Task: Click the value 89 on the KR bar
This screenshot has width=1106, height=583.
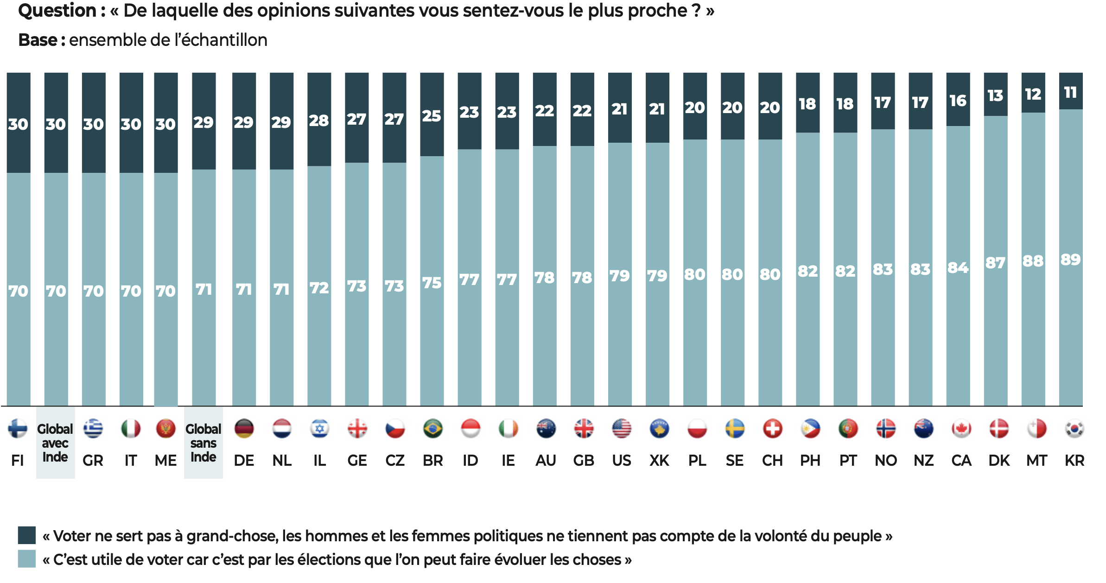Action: (1070, 260)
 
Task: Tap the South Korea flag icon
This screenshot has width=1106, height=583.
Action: (1074, 429)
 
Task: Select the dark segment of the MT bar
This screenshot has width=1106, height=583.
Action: (1033, 93)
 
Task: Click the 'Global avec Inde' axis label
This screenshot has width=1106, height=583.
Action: (55, 443)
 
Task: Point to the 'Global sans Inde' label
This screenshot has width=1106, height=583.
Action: (203, 443)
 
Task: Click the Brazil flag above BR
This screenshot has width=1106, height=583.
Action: (432, 429)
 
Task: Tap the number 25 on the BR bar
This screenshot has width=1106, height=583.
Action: (432, 116)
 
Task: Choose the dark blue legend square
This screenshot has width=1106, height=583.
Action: (27, 535)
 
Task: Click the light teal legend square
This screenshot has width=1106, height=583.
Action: (27, 559)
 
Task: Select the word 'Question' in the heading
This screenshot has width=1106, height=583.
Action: (57, 11)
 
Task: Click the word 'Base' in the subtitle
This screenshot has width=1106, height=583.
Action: (38, 40)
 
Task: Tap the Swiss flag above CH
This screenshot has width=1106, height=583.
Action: (772, 429)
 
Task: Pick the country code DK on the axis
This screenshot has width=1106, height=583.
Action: (999, 461)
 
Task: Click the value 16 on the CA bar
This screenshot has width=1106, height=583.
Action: (958, 101)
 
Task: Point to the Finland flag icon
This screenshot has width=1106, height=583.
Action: (18, 429)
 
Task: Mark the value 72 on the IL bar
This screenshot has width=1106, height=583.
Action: (319, 288)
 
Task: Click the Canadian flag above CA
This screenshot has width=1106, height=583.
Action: (961, 429)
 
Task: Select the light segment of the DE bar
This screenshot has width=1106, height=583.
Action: (244, 287)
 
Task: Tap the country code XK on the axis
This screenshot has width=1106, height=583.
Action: (659, 461)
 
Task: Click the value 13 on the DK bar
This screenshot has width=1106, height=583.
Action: (995, 95)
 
